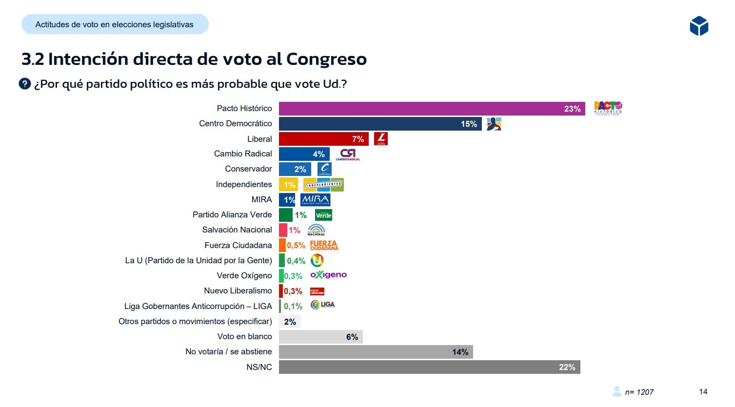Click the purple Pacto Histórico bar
point(432,109)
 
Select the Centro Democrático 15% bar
point(380,124)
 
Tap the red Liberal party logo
point(381,139)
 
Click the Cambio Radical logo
point(348,155)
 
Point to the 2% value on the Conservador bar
point(300,169)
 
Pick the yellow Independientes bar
point(288,184)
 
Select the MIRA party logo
point(316,200)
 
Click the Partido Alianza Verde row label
point(232,214)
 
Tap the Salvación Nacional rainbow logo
point(316,230)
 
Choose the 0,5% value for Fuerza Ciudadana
point(296,245)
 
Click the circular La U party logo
point(317,261)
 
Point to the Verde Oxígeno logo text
point(329,275)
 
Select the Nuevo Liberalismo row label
point(238,291)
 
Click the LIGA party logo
point(323,305)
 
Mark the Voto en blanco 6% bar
point(320,337)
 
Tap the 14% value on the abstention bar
point(460,352)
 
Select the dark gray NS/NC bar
point(429,367)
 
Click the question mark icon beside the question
point(25,84)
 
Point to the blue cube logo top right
point(699,26)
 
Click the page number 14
point(703,391)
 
